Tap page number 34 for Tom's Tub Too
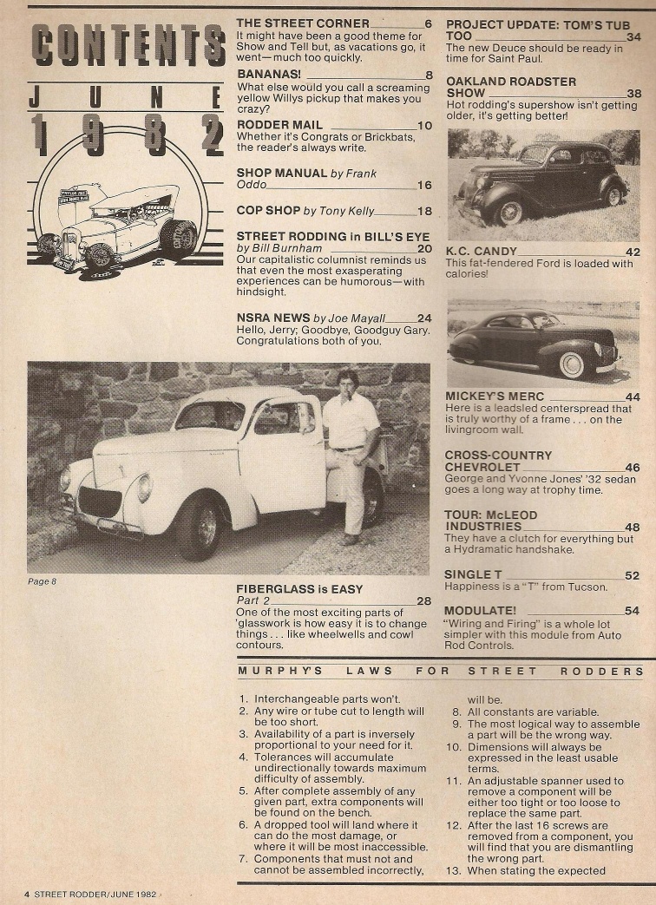[x=633, y=37]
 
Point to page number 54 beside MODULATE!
[x=632, y=611]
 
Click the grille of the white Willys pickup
[x=100, y=501]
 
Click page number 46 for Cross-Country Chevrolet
[x=632, y=467]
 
